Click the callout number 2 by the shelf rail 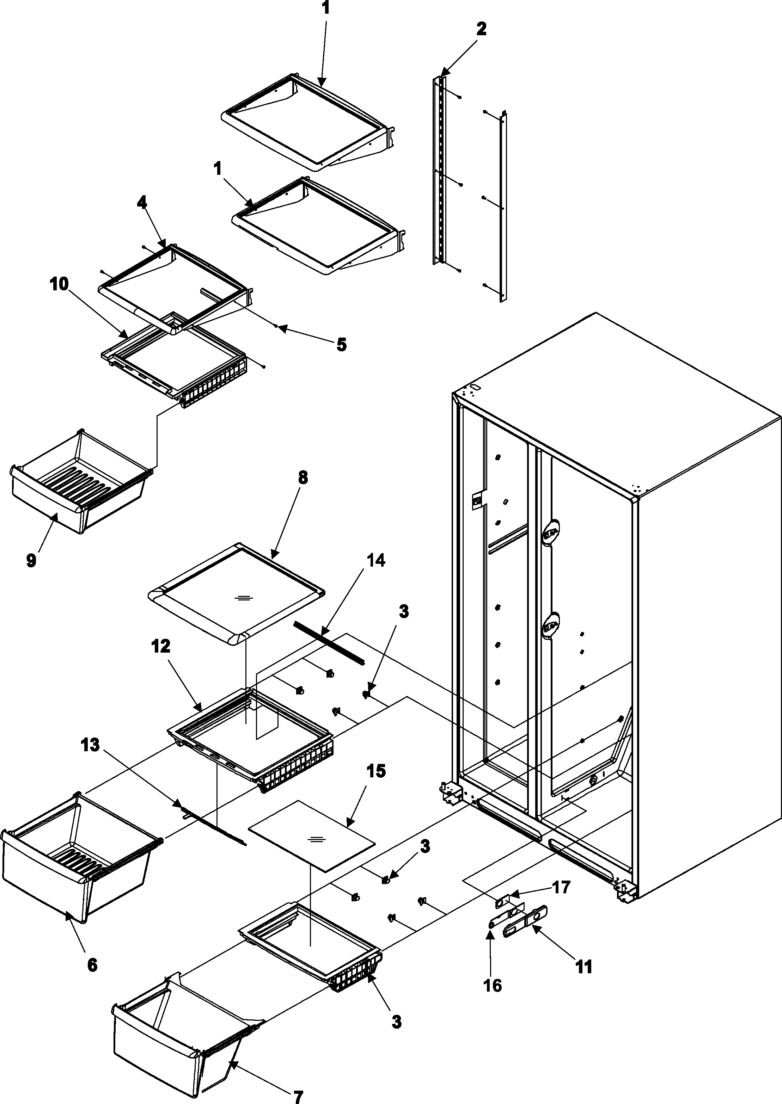point(481,29)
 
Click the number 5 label point(341,345)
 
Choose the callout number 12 point(160,646)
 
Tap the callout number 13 point(91,745)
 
